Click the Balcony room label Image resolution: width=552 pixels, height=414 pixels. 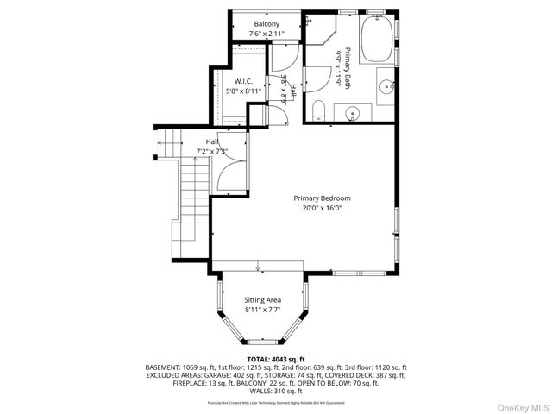point(266,24)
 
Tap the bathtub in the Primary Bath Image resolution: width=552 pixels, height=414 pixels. point(375,41)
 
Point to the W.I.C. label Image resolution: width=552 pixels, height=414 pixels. point(242,81)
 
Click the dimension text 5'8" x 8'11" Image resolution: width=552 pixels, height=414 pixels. point(242,90)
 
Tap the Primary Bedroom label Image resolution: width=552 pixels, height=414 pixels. point(322,198)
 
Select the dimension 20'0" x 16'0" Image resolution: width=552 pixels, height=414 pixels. point(322,207)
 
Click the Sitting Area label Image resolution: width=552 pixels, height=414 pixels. point(263,299)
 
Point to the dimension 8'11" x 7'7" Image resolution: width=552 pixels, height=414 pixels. point(263,309)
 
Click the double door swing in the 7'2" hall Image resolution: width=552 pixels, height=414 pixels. point(229,178)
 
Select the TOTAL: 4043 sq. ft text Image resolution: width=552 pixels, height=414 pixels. point(276,358)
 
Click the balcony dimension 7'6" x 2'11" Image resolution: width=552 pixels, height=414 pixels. point(266,34)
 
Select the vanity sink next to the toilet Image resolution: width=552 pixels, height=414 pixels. point(353,113)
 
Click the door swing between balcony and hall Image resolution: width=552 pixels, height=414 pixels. point(285,56)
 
